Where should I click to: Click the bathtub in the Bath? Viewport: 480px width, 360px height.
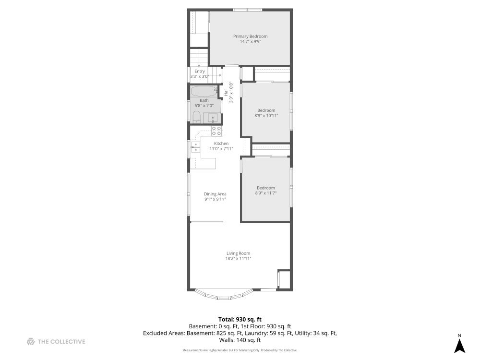204,91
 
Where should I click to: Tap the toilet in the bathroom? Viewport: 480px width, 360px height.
196,117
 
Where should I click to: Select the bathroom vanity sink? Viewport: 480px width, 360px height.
212,118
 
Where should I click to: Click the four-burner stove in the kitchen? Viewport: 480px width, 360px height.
216,131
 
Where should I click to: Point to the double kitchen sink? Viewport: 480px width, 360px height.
196,147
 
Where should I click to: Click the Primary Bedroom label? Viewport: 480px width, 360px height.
250,36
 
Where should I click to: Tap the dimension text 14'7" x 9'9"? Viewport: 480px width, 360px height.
250,42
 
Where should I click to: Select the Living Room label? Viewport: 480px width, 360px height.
238,253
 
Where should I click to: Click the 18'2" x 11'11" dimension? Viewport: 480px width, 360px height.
238,259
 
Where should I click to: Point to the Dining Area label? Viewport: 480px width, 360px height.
215,194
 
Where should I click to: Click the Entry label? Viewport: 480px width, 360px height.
199,72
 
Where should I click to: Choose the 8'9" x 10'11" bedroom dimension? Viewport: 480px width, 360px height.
266,116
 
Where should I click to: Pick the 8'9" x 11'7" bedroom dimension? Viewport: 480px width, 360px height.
266,193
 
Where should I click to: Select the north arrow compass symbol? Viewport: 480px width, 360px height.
459,344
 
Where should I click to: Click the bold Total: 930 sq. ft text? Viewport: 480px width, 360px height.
240,319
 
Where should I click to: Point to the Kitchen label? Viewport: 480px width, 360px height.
221,144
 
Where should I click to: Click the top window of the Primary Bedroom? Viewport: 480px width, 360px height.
247,10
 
